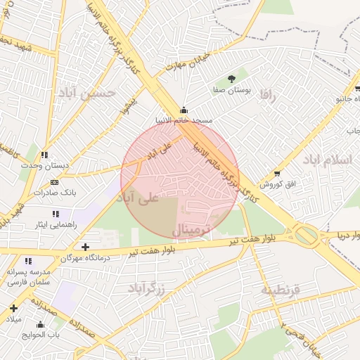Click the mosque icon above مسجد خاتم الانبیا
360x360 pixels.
coord(184,110)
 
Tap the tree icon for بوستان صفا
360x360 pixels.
coord(231,79)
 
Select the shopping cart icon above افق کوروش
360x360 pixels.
coord(277,173)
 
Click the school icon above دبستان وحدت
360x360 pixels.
coord(44,155)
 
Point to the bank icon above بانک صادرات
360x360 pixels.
coord(55,182)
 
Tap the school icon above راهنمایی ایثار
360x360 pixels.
coord(55,214)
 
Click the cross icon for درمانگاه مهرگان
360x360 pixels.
coord(85,247)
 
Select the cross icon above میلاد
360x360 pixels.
coord(13,308)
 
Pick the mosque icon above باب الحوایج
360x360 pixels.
coord(40,324)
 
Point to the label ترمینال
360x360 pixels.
coord(191,230)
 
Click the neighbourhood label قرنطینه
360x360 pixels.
coord(280,290)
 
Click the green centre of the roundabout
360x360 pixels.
coord(305,234)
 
